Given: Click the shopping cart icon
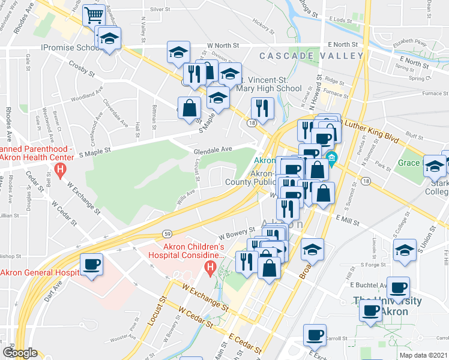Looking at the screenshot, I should click(94, 15).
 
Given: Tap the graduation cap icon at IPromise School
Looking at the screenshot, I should click(109, 39).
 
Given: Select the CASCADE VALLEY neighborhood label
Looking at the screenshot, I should click(311, 56).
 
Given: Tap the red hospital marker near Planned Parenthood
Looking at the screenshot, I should click(60, 170).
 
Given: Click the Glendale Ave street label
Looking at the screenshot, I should click(212, 149).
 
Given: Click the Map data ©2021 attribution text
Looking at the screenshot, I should click(423, 355).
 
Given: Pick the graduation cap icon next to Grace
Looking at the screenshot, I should click(435, 166).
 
